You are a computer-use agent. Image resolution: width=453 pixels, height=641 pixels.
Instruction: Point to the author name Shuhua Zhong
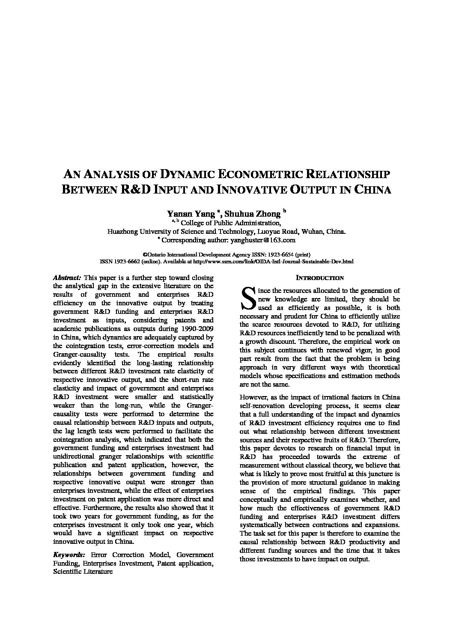click(253, 213)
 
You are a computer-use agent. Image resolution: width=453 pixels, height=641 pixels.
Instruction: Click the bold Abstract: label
click(67, 277)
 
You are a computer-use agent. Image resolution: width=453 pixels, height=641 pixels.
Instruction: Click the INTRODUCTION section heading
click(320, 278)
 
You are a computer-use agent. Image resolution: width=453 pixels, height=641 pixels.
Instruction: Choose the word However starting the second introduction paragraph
click(253, 397)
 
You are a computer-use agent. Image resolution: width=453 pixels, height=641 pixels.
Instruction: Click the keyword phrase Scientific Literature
click(83, 571)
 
